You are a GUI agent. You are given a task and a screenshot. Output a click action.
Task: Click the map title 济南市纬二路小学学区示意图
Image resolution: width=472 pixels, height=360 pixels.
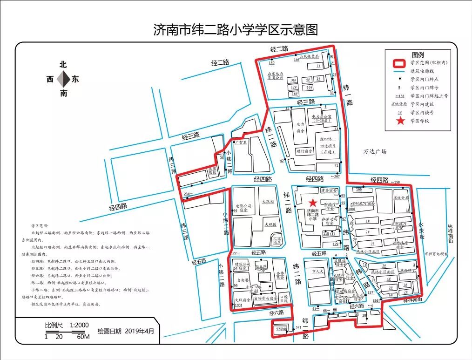click(x=236, y=30)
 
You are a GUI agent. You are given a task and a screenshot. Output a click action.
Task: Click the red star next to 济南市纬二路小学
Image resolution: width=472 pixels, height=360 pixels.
click(x=313, y=202)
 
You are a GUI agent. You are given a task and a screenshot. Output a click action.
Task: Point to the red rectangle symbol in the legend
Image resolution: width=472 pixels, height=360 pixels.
click(x=400, y=63)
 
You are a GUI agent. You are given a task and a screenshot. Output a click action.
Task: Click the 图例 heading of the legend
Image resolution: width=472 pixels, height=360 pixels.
click(x=418, y=55)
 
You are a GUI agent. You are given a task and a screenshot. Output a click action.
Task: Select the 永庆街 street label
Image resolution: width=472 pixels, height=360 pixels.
click(x=421, y=231)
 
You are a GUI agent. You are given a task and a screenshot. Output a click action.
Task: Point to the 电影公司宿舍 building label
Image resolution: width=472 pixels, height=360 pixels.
click(x=243, y=208)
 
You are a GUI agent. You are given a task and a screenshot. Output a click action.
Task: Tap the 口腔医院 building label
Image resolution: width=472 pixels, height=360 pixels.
click(x=284, y=299)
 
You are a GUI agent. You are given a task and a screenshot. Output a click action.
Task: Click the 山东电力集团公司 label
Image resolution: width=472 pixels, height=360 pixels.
click(x=276, y=75)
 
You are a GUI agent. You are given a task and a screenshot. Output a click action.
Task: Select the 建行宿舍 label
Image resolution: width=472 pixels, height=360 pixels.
click(x=305, y=151)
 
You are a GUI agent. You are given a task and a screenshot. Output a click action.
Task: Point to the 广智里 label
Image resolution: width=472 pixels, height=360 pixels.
click(x=241, y=142)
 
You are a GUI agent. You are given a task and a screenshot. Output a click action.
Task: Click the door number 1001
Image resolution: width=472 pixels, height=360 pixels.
click(x=238, y=305)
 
